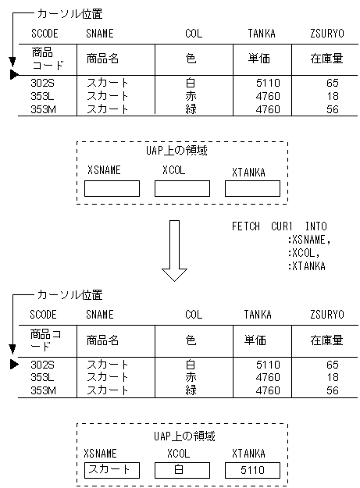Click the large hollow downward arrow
[173, 250]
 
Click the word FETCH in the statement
[245, 226]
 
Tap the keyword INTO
[316, 226]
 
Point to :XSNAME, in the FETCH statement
[309, 240]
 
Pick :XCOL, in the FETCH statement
[304, 253]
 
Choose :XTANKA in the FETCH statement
[307, 266]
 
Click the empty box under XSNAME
[112, 188]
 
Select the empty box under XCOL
[182, 188]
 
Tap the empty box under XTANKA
[251, 188]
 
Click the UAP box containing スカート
[112, 470]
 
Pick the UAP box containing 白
[182, 470]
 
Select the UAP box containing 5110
[251, 470]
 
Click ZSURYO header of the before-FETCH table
[326, 34]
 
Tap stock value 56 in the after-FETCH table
[333, 390]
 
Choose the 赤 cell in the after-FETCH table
[191, 377]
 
